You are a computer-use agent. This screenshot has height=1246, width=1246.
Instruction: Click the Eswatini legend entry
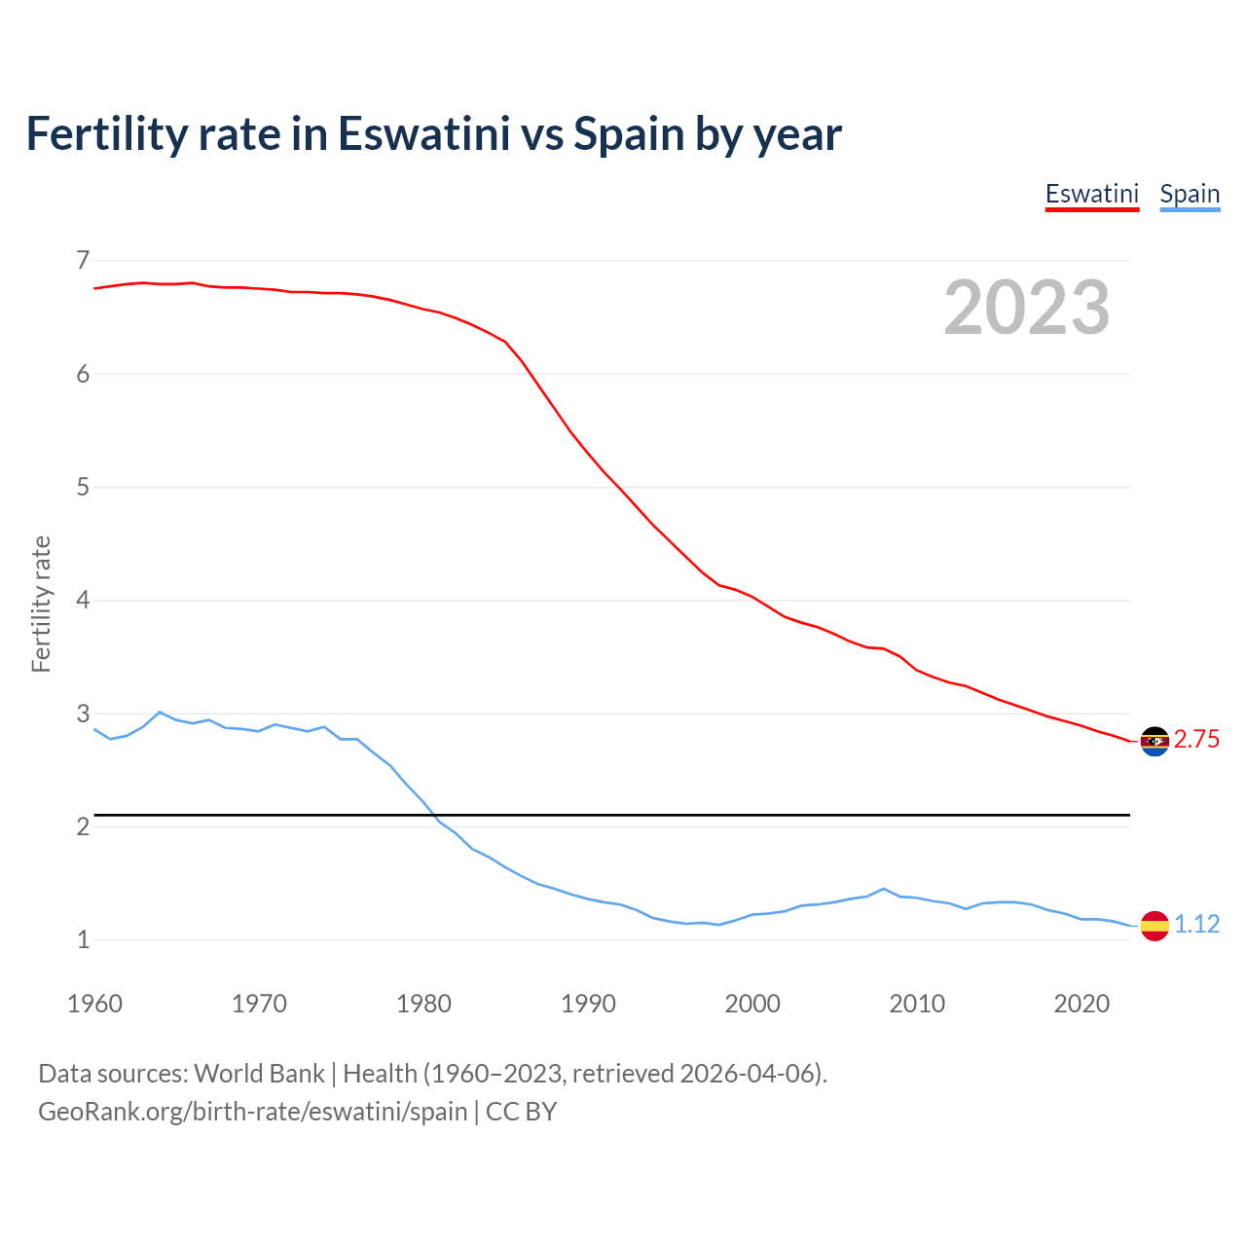(x=1091, y=194)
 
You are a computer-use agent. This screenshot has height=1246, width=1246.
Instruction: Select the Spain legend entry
(x=1190, y=194)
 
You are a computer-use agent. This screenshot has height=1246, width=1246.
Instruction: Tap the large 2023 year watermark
(x=1027, y=308)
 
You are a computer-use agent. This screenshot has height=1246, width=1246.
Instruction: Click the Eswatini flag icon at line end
(x=1154, y=741)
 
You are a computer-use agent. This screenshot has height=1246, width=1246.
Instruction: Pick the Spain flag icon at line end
(x=1154, y=925)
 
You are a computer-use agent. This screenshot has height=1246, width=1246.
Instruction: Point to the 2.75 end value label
(x=1196, y=740)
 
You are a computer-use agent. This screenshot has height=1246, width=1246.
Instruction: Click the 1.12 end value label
(x=1196, y=925)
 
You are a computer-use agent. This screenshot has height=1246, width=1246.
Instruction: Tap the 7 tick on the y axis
(x=83, y=261)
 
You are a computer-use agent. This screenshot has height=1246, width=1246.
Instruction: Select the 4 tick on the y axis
(x=83, y=601)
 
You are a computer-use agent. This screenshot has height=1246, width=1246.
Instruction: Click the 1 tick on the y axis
(x=83, y=940)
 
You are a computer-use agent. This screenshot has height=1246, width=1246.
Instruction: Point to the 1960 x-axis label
(x=94, y=1004)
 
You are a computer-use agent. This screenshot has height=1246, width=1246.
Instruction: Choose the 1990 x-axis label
(x=588, y=1004)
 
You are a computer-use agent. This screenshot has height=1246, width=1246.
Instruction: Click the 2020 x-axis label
(x=1081, y=1004)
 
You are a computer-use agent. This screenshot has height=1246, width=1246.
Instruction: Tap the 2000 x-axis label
(x=752, y=1004)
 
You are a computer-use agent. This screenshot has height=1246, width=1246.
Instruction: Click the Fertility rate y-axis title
(x=41, y=604)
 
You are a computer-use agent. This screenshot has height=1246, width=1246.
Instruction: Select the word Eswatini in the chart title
(x=423, y=134)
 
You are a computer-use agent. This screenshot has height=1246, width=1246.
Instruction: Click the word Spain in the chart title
(x=629, y=134)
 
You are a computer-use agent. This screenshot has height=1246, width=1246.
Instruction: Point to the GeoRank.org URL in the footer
(x=253, y=1112)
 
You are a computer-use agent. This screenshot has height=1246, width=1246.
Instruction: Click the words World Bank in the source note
(x=259, y=1074)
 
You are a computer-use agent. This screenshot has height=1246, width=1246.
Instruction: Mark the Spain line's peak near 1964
(x=160, y=712)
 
